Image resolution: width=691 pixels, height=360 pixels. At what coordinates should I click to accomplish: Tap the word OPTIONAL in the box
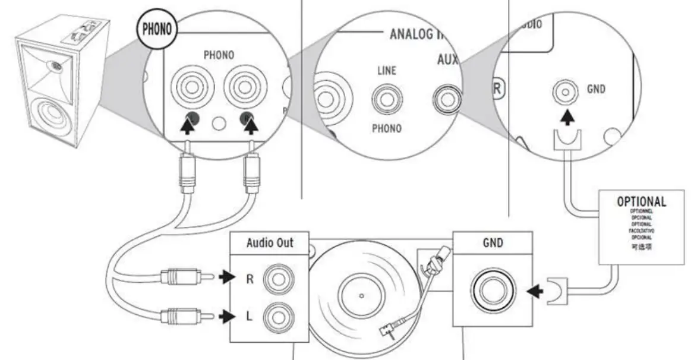click(x=641, y=201)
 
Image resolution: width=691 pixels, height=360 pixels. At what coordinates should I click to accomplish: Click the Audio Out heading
click(x=269, y=243)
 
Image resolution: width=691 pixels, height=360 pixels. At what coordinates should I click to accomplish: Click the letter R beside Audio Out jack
click(x=250, y=278)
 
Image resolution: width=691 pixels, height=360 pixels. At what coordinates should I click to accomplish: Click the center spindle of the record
click(x=361, y=295)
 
